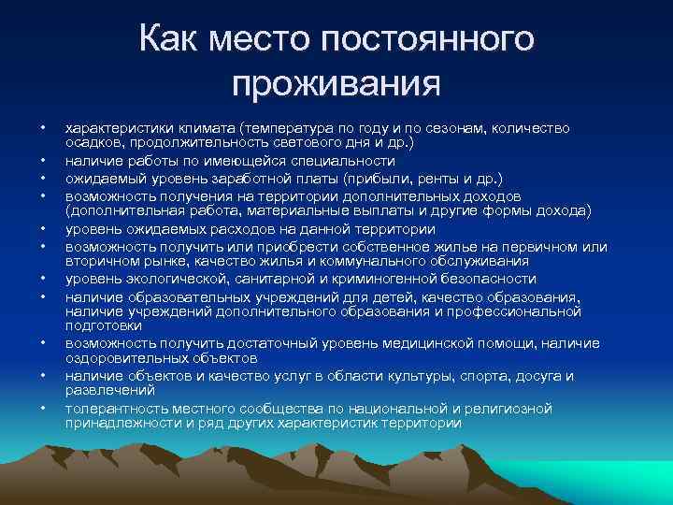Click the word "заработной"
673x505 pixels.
[x=278, y=178]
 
